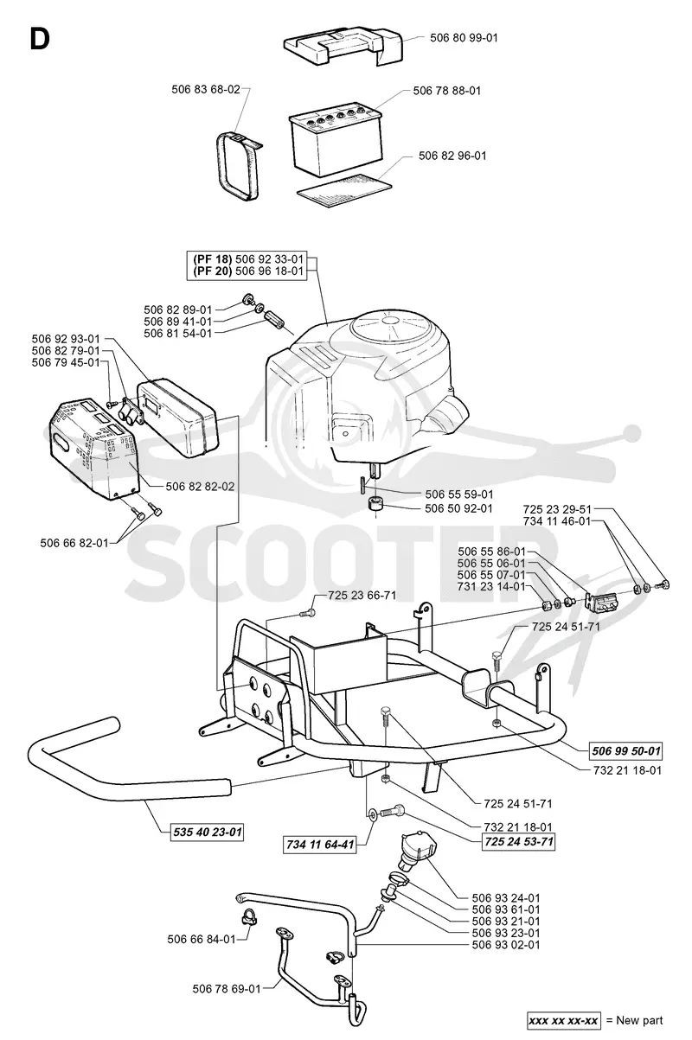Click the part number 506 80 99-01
pyautogui.click(x=464, y=38)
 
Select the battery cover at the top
pyautogui.click(x=343, y=46)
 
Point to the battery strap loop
pyautogui.click(x=237, y=165)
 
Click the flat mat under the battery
pyautogui.click(x=344, y=188)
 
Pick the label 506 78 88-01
pyautogui.click(x=447, y=91)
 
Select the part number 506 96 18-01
pyautogui.click(x=269, y=271)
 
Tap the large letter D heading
pyautogui.click(x=40, y=39)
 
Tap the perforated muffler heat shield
pyautogui.click(x=94, y=449)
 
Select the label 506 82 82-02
pyautogui.click(x=200, y=486)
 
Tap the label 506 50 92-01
pyautogui.click(x=458, y=508)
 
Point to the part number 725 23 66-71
pyautogui.click(x=362, y=596)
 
